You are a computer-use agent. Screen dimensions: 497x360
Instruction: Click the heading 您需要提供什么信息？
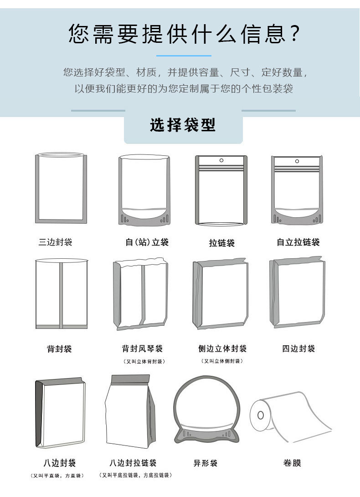184,34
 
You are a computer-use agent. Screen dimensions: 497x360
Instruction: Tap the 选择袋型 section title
183,125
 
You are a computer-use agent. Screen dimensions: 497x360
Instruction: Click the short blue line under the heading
184,56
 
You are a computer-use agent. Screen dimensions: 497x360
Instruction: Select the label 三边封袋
56,242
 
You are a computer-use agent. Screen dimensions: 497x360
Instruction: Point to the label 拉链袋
221,243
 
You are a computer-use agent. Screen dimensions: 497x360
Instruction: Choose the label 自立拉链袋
298,242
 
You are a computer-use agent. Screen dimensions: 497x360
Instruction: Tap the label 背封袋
59,349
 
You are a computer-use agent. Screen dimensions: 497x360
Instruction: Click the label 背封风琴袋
142,349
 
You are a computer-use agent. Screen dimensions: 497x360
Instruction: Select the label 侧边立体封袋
222,349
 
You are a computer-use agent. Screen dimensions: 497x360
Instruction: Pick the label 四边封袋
298,349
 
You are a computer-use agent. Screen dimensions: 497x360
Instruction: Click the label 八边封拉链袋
133,463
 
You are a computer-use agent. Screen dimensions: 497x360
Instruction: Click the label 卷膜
292,463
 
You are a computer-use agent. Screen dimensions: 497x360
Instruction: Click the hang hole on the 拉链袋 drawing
221,160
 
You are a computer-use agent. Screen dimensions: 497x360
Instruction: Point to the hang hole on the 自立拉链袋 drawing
297,161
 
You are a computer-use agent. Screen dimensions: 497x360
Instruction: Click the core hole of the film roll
260,415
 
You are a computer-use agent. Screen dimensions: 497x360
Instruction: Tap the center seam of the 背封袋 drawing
61,294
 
